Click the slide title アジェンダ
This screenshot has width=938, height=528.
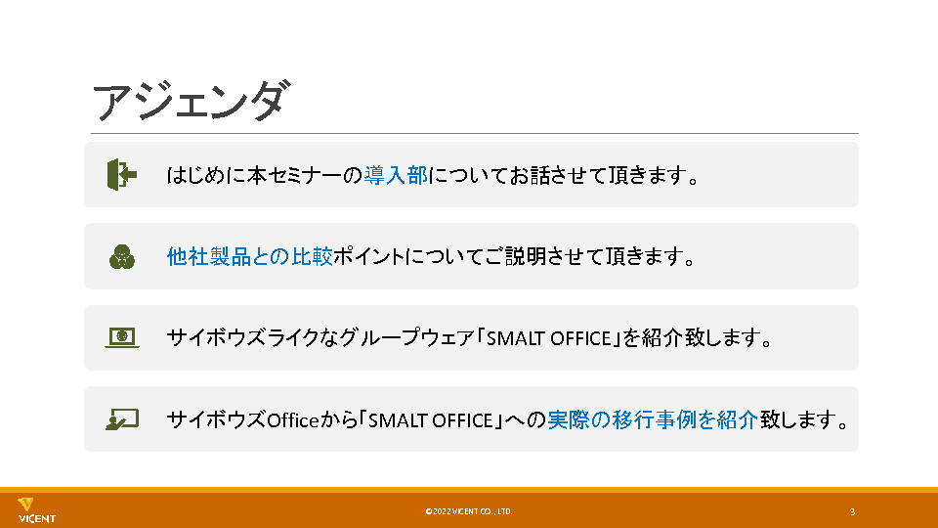click(191, 101)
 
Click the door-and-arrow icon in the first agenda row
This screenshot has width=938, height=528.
click(122, 175)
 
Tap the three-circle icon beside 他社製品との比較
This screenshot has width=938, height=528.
click(122, 257)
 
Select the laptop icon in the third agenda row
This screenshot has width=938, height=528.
click(122, 337)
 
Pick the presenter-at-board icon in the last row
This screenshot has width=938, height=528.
click(122, 419)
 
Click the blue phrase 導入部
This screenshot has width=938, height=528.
click(396, 175)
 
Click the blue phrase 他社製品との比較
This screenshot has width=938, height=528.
click(249, 257)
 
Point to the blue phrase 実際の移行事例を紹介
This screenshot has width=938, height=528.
click(653, 419)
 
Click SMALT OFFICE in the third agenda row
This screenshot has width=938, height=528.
click(548, 339)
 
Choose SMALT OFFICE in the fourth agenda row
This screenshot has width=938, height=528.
click(430, 420)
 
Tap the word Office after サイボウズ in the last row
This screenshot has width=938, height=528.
click(292, 420)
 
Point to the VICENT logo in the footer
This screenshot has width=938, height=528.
click(36, 510)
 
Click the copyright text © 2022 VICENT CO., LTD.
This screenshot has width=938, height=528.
click(468, 511)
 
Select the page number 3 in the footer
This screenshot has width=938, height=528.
click(852, 511)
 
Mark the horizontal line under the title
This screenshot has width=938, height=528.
click(475, 133)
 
